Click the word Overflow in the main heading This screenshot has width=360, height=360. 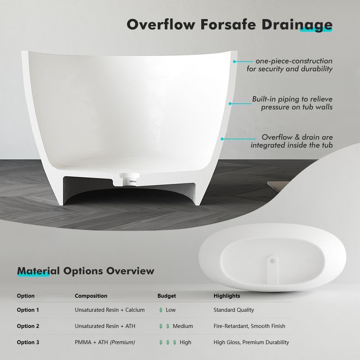coord(161,24)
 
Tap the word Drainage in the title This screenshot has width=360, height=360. coord(297,25)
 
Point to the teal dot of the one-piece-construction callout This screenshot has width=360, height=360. coord(234,62)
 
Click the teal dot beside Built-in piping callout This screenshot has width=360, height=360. coord(230,104)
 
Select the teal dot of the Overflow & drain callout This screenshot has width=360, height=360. coord(222,139)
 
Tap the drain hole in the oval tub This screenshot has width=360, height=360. coord(273,261)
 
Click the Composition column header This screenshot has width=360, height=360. coord(91,296)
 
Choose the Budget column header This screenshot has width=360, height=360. coord(167,296)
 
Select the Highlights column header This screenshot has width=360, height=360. coord(227,296)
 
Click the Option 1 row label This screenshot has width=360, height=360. coord(28,310)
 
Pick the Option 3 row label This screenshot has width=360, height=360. coord(28,342)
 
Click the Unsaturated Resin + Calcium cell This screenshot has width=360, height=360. coord(110,310)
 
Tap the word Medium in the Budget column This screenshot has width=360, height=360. coord(183,326)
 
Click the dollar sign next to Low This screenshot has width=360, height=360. coord(161,310)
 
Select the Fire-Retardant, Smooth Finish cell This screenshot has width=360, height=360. coord(249,326)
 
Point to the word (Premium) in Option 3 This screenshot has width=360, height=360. coord(122,342)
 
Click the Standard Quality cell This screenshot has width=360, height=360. coord(234,310)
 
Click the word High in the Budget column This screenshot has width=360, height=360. coord(185,342)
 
